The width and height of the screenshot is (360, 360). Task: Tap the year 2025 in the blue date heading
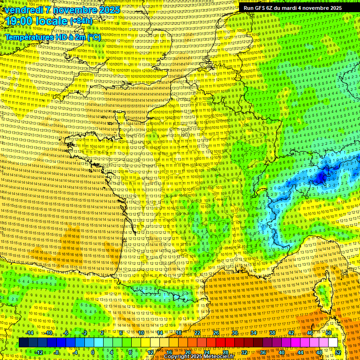[107, 10]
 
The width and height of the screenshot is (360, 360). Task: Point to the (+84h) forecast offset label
[82, 22]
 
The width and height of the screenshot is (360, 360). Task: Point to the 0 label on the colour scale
[93, 352]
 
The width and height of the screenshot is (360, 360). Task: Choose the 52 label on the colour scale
[338, 352]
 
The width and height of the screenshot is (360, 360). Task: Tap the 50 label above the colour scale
[329, 333]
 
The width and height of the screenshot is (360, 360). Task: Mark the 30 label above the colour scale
[235, 333]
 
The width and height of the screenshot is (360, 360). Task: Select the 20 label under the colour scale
[188, 352]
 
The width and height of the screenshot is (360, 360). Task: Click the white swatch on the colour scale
[333, 343]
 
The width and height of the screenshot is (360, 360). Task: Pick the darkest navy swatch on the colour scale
[23, 343]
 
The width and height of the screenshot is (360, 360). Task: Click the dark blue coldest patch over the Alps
[321, 177]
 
